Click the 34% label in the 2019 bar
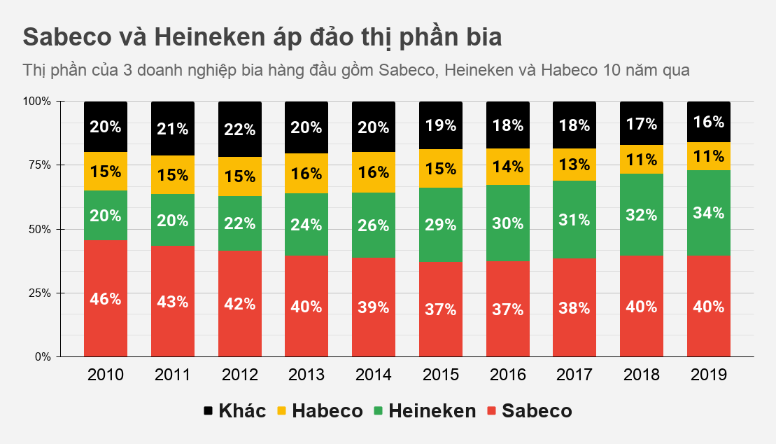708,213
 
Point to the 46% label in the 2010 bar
106,299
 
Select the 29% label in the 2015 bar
441,225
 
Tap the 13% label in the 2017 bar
574,165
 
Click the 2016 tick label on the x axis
507,375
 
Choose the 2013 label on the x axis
306,375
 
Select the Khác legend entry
234,411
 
